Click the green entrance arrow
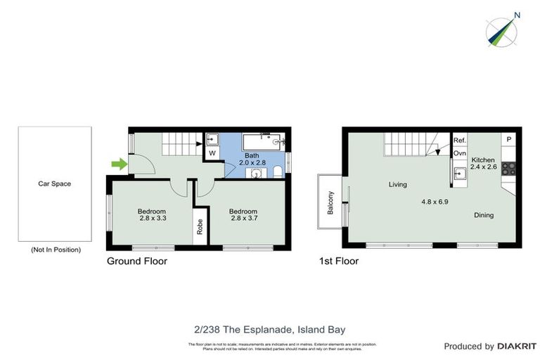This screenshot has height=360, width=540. click(120, 165)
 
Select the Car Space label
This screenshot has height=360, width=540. click(54, 184)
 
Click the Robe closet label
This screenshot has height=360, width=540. click(200, 226)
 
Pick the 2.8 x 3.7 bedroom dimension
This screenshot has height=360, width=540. click(244, 219)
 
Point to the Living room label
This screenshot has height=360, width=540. click(398, 185)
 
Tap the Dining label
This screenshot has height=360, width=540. click(484, 215)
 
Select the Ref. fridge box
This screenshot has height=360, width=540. click(459, 141)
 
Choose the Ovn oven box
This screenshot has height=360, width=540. click(459, 153)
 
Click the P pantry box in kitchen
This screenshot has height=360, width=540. click(509, 140)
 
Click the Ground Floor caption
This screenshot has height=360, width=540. click(136, 261)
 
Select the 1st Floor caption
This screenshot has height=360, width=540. click(338, 261)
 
